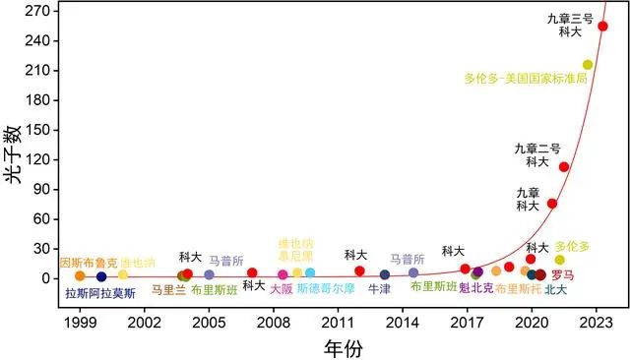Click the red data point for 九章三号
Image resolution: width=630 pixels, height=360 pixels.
tap(602, 27)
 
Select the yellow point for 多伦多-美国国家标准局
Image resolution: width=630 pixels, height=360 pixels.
tap(588, 65)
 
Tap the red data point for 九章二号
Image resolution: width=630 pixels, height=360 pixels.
tap(564, 166)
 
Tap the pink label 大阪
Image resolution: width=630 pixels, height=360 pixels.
tap(282, 290)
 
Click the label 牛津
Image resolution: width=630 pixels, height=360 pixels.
tap(379, 290)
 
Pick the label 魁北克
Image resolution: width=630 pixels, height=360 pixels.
tap(476, 288)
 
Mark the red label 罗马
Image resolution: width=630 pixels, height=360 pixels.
tap(564, 274)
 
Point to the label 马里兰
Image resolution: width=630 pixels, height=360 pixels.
tap(168, 290)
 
